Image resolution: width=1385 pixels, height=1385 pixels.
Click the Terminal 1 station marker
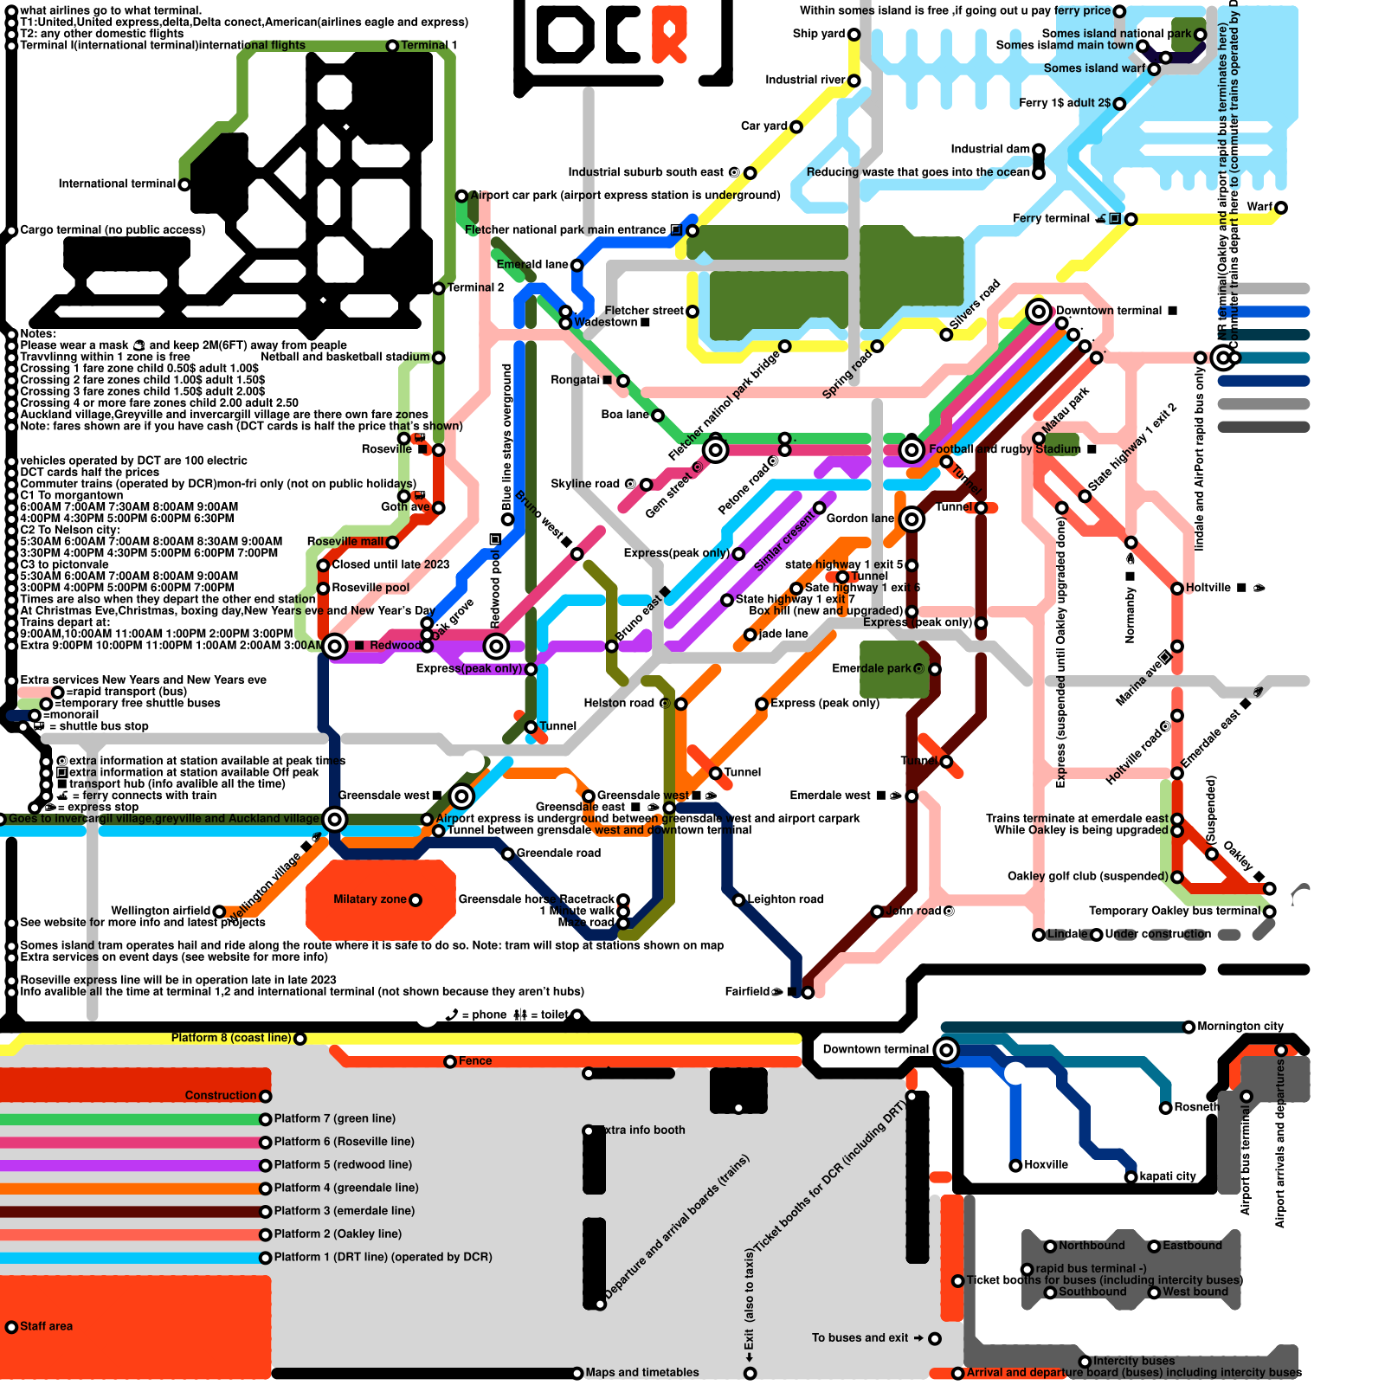pyautogui.click(x=392, y=46)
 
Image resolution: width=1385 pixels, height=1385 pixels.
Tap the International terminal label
pyautogui.click(x=117, y=184)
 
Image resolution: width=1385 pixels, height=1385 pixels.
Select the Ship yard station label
pyautogui.click(x=818, y=34)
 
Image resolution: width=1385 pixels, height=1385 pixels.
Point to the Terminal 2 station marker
pyautogui.click(x=439, y=288)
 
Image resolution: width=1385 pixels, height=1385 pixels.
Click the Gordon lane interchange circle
pyautogui.click(x=911, y=519)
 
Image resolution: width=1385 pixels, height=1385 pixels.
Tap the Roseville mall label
pyautogui.click(x=345, y=542)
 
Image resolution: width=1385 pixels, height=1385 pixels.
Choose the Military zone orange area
pyautogui.click(x=381, y=900)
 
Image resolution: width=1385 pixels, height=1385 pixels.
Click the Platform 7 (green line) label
pyautogui.click(x=334, y=1119)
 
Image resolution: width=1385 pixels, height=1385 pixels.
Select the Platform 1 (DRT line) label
pyautogui.click(x=383, y=1257)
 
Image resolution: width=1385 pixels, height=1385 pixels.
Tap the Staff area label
pyautogui.click(x=46, y=1326)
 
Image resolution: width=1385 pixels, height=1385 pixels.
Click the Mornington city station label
pyautogui.click(x=1240, y=1027)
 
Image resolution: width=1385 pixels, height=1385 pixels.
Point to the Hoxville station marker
pyautogui.click(x=1015, y=1166)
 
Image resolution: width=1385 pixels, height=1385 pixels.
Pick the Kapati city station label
pyautogui.click(x=1167, y=1176)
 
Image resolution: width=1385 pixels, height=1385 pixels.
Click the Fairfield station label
pyautogui.click(x=747, y=992)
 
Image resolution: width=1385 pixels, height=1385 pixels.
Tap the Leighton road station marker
pyautogui.click(x=738, y=900)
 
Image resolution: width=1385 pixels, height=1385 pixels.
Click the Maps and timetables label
pyautogui.click(x=641, y=1373)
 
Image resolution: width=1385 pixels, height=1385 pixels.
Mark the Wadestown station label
pyautogui.click(x=606, y=322)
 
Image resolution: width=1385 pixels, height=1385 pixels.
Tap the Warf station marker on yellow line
pyautogui.click(x=1281, y=208)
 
